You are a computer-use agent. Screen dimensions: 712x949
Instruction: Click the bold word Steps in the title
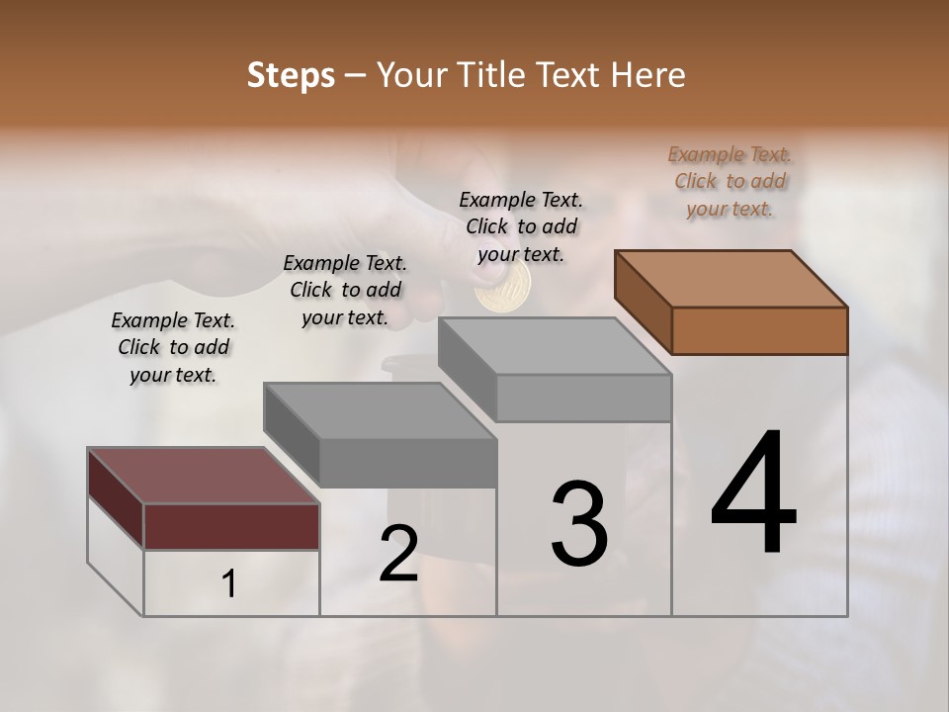pos(291,75)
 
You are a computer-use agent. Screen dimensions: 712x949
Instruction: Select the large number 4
pos(753,494)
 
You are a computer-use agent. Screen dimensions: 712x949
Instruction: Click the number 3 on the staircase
pos(579,524)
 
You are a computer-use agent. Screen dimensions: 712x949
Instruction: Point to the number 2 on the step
pos(398,554)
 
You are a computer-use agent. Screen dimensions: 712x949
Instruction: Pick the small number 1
pos(229,584)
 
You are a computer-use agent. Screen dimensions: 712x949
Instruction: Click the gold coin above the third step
pos(502,289)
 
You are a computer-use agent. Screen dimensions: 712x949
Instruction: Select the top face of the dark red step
pos(203,476)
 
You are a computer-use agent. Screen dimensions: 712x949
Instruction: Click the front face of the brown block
pos(759,330)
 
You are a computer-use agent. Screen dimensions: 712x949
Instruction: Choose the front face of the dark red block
pos(231,526)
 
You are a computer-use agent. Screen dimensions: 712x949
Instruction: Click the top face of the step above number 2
pos(380,410)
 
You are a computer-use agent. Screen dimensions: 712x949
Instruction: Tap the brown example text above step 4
pos(730,181)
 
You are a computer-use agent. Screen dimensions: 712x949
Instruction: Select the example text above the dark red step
pos(173,347)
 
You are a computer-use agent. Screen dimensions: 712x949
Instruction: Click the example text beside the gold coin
pos(521,226)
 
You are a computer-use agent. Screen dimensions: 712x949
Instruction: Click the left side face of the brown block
pos(643,301)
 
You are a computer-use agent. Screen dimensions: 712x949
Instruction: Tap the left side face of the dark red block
pos(116,496)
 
